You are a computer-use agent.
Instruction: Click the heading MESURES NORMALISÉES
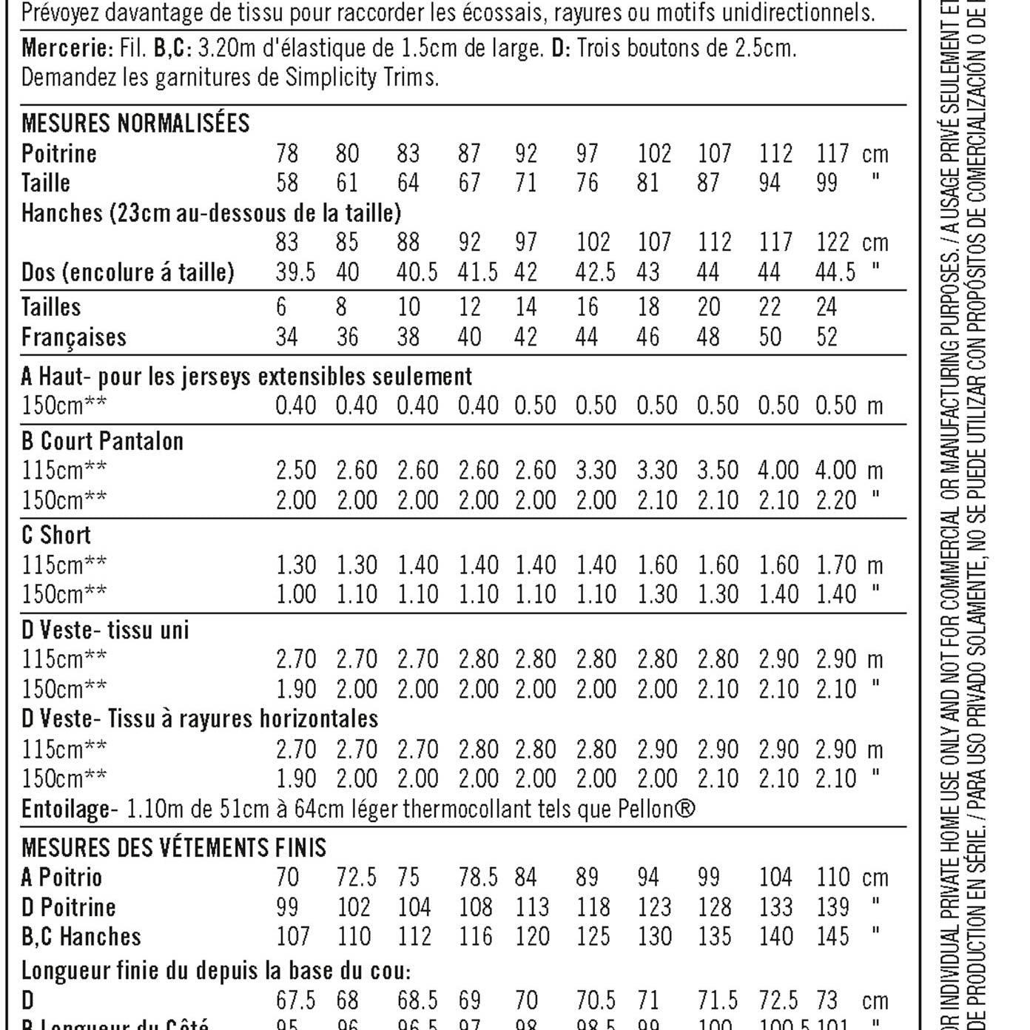click(135, 123)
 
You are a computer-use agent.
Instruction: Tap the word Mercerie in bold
click(66, 48)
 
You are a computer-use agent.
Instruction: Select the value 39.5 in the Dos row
click(295, 272)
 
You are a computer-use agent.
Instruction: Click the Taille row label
click(46, 183)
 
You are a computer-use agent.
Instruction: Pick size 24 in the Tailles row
click(827, 307)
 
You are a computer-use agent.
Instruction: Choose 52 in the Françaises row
click(827, 337)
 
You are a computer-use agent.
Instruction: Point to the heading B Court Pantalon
click(102, 441)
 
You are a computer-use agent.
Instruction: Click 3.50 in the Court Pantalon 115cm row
click(717, 471)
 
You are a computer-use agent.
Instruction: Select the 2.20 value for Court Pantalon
click(835, 500)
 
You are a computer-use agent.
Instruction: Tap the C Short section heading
click(56, 535)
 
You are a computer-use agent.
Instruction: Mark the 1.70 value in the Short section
click(835, 565)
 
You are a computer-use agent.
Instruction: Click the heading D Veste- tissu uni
click(105, 630)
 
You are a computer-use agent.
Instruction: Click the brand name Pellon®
click(656, 809)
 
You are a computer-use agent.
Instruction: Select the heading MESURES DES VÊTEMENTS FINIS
click(174, 847)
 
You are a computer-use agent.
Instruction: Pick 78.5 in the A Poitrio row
click(478, 878)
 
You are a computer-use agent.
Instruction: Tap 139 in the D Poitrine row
click(832, 907)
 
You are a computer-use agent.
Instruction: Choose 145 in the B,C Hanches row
click(832, 937)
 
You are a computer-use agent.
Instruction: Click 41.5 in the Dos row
click(477, 272)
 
